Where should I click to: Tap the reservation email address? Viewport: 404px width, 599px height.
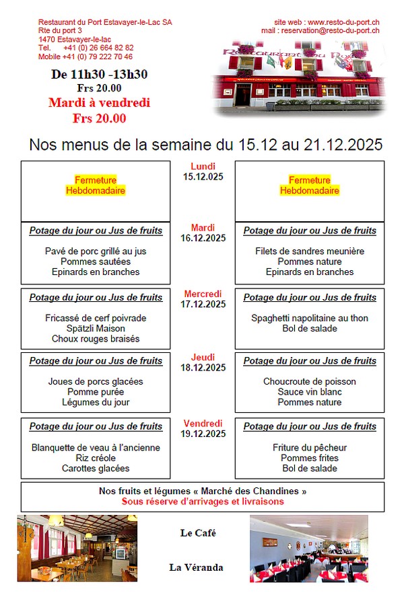(330, 30)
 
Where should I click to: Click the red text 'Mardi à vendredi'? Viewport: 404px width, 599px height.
(99, 103)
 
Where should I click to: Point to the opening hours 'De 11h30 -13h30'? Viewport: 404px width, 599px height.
(99, 75)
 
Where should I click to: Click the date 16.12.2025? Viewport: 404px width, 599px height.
(203, 238)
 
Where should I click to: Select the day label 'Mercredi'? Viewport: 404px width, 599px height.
(203, 294)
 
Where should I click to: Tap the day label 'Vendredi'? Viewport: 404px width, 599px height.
(203, 424)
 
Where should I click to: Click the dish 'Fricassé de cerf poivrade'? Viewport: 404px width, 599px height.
(96, 318)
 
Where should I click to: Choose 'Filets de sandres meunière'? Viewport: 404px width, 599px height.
(310, 251)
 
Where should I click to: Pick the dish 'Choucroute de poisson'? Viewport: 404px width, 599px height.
(310, 381)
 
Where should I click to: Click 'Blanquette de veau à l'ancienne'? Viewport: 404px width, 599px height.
(96, 447)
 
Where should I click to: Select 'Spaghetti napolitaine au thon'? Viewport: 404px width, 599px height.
(310, 318)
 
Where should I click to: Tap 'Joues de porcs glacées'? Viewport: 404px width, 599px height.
(96, 381)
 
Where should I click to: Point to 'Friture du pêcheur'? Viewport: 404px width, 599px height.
(310, 447)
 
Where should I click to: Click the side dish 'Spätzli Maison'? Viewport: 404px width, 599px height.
(96, 328)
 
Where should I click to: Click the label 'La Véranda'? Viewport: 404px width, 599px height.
(196, 567)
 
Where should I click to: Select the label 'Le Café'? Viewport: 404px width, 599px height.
(198, 533)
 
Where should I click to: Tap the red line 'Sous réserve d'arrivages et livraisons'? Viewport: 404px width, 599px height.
(203, 502)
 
